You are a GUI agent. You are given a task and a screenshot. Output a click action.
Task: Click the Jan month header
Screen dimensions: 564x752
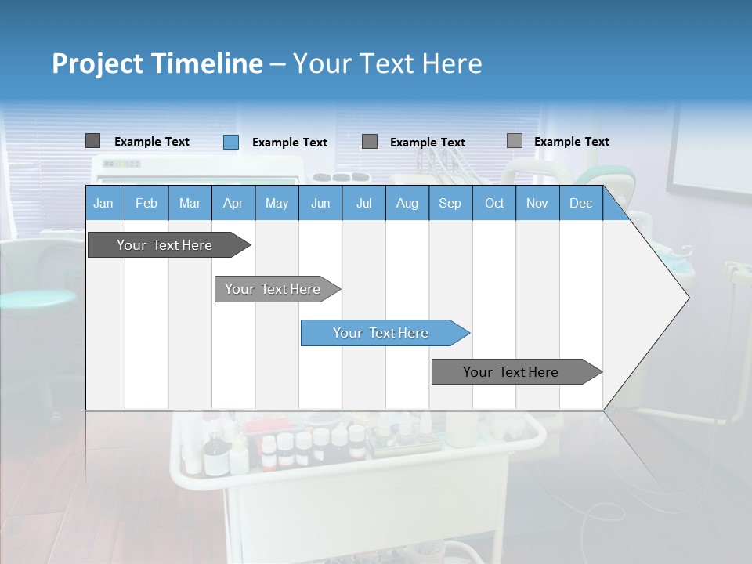coord(103,203)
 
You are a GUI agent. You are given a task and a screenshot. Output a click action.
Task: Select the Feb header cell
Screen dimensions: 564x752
coord(146,203)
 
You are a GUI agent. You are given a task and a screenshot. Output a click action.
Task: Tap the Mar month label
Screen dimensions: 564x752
coord(190,203)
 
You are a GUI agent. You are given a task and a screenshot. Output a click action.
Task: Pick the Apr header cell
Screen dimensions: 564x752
coord(233,203)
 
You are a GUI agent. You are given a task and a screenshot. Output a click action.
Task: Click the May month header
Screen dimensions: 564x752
coord(277,203)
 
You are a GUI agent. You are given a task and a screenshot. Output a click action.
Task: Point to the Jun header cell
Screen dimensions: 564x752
coord(320,203)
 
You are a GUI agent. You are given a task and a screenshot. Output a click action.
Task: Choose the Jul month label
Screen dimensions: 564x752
coord(363,203)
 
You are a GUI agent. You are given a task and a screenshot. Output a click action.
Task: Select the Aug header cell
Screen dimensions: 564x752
coord(407,203)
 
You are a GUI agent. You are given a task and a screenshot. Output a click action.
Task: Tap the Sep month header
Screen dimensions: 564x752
coord(450,203)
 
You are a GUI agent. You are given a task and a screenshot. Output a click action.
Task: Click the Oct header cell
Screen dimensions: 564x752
coord(494,203)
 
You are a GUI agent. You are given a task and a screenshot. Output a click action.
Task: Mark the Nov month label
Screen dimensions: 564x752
coord(537,203)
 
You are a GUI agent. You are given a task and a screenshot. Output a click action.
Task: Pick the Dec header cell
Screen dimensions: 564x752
coord(581,203)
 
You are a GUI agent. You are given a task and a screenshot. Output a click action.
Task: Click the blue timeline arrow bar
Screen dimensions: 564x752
coord(384,333)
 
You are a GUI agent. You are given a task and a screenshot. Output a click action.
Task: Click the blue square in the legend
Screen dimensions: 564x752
coord(231,142)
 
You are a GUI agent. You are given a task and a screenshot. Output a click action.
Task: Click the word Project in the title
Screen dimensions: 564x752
coord(96,63)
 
